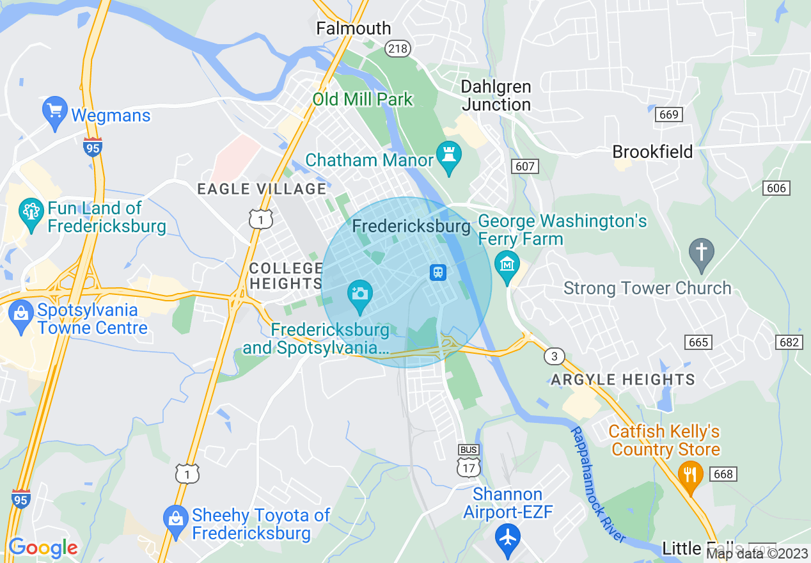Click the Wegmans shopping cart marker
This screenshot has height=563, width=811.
point(54,112)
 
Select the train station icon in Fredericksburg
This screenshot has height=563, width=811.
point(437,272)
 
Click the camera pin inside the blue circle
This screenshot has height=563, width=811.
point(359,295)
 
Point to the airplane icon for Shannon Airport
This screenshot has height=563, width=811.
point(508,536)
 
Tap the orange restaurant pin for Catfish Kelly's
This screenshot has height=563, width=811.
point(690,475)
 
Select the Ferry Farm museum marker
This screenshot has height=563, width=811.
point(507,266)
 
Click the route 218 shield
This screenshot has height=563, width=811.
point(398,49)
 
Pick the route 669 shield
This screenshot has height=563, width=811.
point(668,115)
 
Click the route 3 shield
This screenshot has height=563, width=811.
point(554,356)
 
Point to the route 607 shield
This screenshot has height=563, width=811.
point(525,166)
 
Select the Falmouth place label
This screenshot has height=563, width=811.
point(354,29)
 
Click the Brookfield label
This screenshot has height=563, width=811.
point(652,152)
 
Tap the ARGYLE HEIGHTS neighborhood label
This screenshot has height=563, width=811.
point(623,379)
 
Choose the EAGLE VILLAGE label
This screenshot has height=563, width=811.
point(262,189)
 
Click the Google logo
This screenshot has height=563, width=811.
point(43,548)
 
